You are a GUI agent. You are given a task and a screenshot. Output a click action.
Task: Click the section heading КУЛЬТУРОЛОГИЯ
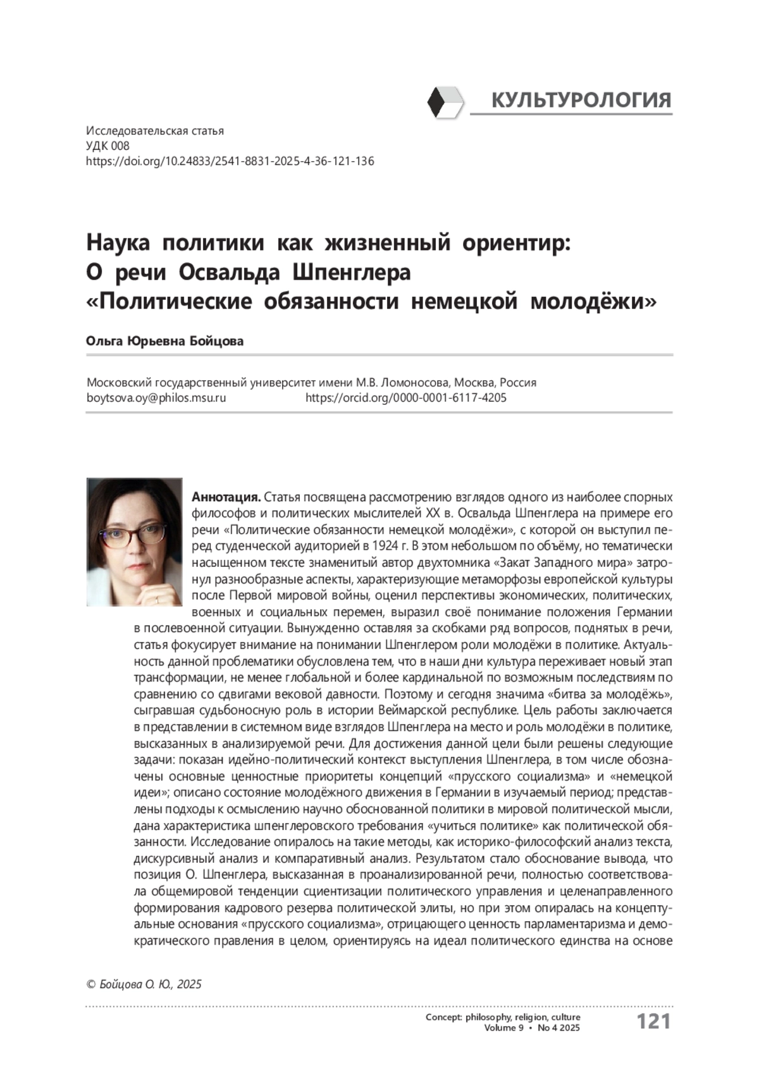coord(581,100)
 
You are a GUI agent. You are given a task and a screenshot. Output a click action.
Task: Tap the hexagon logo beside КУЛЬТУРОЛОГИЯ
coord(445,102)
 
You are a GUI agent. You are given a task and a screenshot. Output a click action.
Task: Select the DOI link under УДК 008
coord(230,161)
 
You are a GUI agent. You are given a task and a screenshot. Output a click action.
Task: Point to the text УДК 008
coord(108,146)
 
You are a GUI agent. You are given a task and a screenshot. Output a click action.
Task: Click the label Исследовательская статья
coord(155,131)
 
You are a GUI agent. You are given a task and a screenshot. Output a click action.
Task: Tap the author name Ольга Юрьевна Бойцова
coord(165,342)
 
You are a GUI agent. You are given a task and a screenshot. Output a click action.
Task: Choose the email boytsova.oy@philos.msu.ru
coord(156,398)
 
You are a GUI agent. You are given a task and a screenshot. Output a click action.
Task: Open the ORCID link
coord(405,398)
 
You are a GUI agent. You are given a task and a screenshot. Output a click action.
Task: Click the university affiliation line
coord(311,383)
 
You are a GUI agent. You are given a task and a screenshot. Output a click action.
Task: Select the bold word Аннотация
coord(226,497)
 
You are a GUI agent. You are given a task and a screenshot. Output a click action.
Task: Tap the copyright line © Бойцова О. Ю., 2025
coord(144,984)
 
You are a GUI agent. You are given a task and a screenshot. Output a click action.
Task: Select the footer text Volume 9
coord(503,1028)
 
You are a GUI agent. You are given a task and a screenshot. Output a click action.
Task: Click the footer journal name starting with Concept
coord(503,1017)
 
